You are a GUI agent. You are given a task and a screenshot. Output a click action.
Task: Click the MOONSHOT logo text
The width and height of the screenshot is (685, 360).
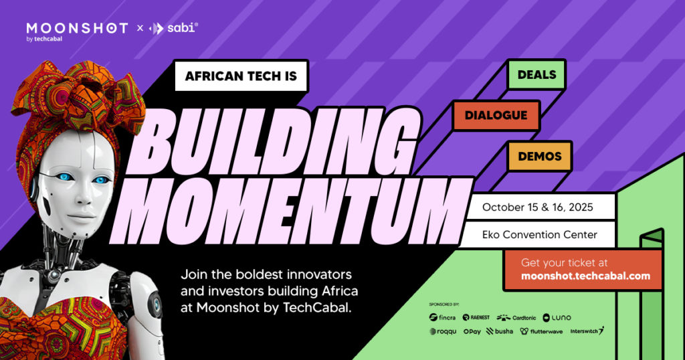pos(76,28)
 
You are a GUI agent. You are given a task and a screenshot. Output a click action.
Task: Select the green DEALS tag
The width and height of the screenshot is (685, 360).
pos(536,74)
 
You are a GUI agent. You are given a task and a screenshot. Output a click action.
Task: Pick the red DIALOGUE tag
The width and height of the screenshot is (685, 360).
pos(496,115)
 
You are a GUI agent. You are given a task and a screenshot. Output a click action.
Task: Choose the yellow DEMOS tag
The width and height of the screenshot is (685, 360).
pos(539,155)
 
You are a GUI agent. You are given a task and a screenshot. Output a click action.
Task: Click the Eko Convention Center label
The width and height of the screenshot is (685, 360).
pos(539,234)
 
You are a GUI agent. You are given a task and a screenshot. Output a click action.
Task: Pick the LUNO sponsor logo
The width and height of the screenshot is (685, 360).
pos(557,317)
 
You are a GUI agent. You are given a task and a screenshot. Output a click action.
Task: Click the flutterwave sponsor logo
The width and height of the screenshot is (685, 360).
pos(543,331)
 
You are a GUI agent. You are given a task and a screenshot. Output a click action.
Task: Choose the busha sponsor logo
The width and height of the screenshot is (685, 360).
pos(500,331)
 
